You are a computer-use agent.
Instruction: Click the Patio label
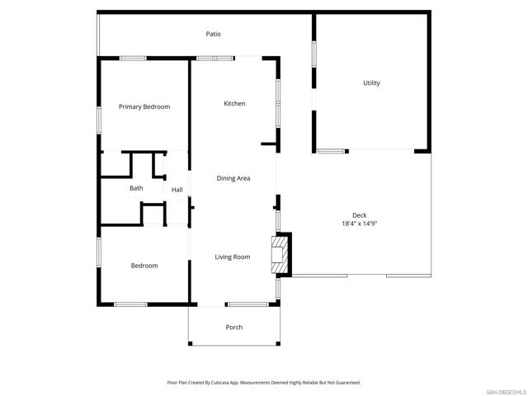pos(214,34)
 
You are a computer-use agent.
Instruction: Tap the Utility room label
pos(371,83)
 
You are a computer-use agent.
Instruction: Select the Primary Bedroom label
pos(144,107)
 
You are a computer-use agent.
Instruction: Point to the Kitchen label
pos(235,103)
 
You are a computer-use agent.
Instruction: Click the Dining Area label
pos(233,178)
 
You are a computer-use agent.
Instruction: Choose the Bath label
pos(136,188)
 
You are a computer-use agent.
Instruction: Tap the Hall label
pos(177,190)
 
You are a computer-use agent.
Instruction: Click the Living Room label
pos(233,257)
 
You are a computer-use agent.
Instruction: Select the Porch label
pos(234,328)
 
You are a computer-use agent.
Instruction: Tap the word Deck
pos(360,214)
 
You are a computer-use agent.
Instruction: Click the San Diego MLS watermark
pos(504,390)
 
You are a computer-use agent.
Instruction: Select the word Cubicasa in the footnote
pos(219,383)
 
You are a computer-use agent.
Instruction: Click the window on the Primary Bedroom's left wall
pos(99,119)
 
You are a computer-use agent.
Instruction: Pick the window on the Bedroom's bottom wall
pos(130,304)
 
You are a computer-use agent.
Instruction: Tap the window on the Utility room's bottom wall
pos(332,152)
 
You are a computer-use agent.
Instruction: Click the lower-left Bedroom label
pos(144,266)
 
